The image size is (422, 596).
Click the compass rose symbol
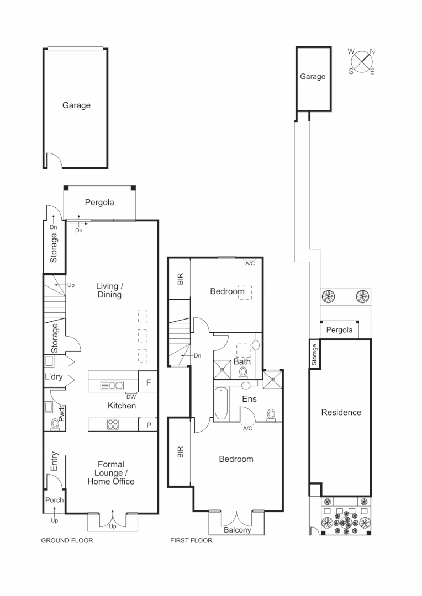[362, 61]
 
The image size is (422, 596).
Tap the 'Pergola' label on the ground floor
[99, 203]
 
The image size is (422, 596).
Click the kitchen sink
[112, 385]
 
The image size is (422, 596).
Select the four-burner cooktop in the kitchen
[112, 424]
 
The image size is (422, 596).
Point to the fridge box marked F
[148, 382]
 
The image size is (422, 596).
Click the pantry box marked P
[148, 424]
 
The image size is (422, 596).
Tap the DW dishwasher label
[131, 396]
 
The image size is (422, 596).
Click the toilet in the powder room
[55, 423]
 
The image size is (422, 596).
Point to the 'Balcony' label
[238, 530]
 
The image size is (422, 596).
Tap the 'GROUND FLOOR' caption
[67, 541]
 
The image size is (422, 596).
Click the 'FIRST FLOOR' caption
[191, 541]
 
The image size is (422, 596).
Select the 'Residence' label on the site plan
[341, 412]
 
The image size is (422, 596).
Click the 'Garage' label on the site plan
[313, 77]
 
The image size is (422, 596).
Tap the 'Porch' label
[54, 501]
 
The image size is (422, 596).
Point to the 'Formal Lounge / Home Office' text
[111, 473]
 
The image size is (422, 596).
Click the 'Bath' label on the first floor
[242, 362]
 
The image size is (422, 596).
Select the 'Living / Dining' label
[109, 290]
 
